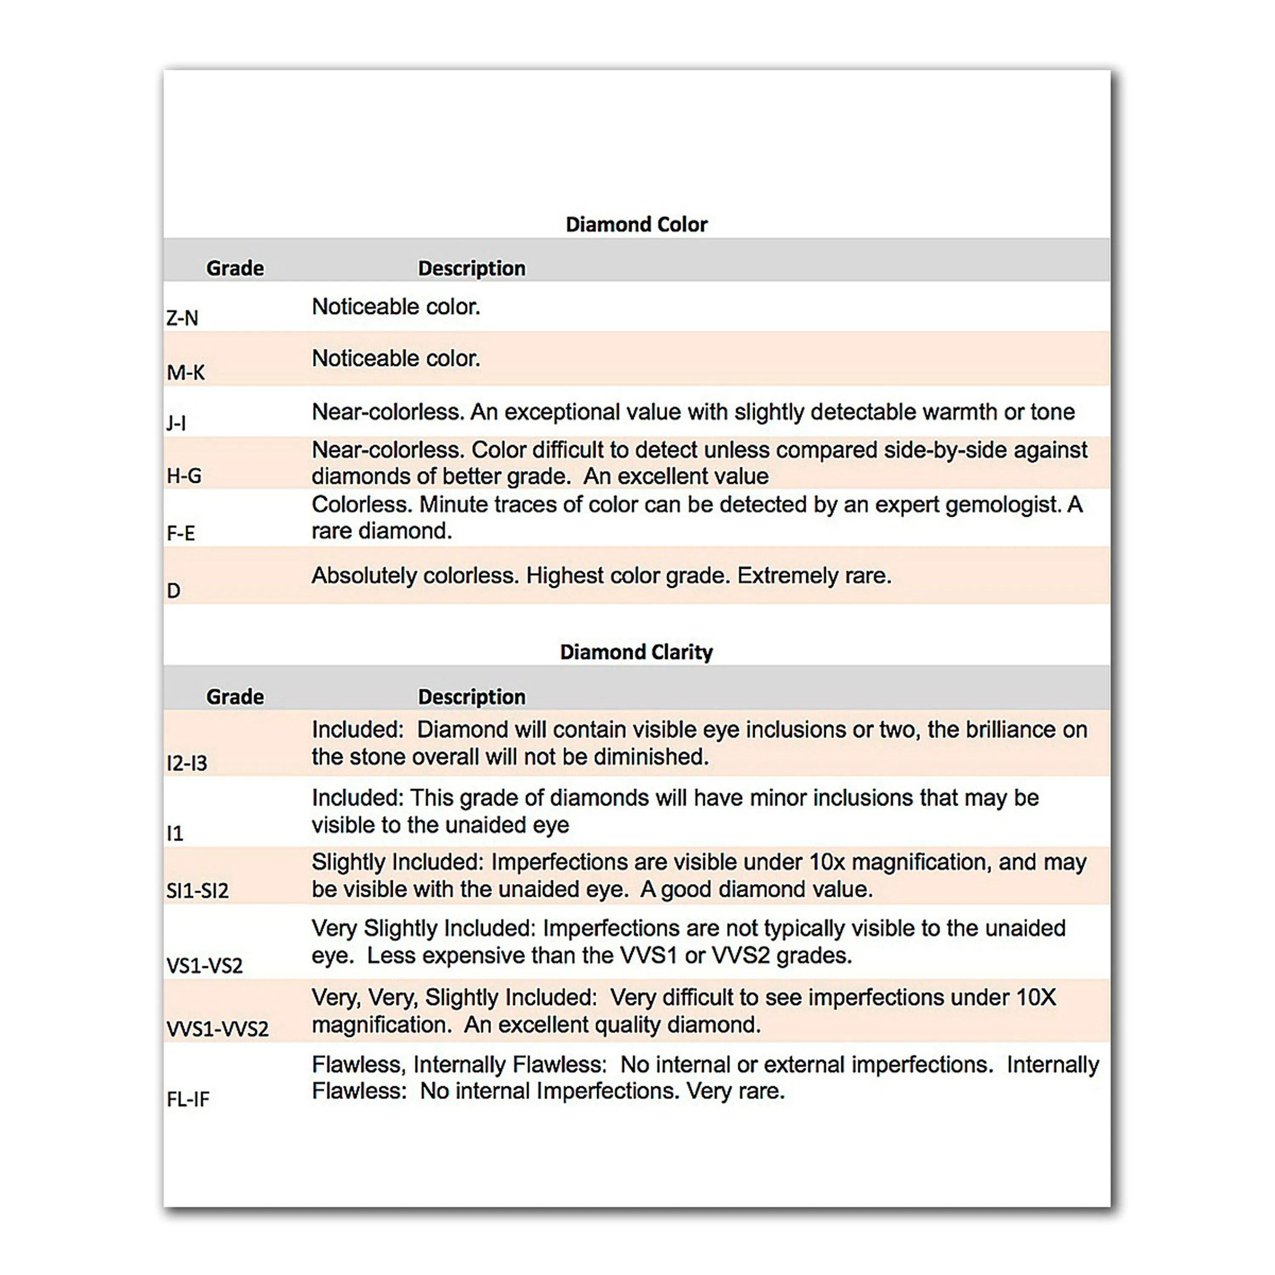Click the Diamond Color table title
tap(636, 224)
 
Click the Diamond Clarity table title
tap(636, 652)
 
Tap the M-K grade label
tap(185, 373)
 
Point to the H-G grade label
tap(184, 476)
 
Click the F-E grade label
tap(181, 533)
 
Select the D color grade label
tap(173, 591)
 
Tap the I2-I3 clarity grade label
tap(187, 764)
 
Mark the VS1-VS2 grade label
tap(204, 966)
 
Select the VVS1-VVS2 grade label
tap(218, 1029)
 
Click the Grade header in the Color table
tap(235, 269)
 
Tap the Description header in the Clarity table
tap(472, 697)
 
